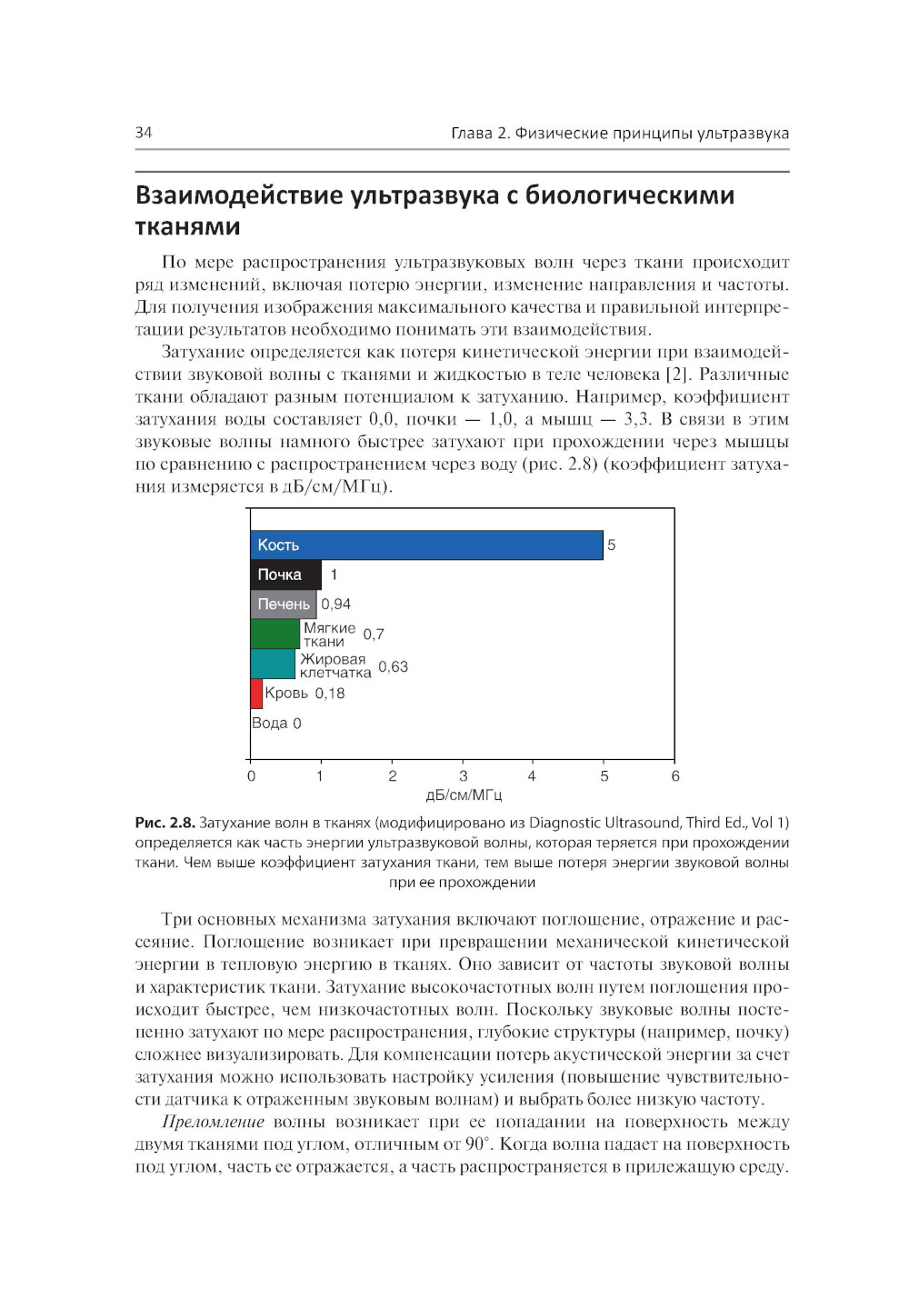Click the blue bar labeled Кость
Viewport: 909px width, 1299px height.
pos(426,545)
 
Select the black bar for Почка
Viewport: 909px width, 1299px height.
pos(285,575)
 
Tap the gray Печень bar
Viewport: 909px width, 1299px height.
pos(284,604)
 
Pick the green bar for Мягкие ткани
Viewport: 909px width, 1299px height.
pos(275,634)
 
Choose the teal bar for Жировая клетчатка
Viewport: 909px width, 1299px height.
pos(273,664)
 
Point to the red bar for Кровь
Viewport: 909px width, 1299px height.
pos(256,694)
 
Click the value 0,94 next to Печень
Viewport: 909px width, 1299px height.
pos(335,604)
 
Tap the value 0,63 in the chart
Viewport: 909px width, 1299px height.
pos(393,666)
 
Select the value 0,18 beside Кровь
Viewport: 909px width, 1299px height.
pos(330,694)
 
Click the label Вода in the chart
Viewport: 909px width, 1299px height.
pos(269,723)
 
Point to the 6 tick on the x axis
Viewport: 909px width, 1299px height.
pos(675,775)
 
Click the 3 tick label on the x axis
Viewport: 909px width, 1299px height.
pos(464,775)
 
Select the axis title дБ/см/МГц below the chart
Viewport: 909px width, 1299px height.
pos(464,795)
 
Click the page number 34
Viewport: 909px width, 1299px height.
pos(144,133)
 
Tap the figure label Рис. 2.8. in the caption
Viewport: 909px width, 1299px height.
pos(165,823)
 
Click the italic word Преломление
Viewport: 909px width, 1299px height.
pos(213,1122)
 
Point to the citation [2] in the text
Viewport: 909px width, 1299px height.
pos(677,375)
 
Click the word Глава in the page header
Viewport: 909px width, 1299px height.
pos(472,134)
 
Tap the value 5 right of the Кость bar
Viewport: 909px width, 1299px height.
pos(612,545)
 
